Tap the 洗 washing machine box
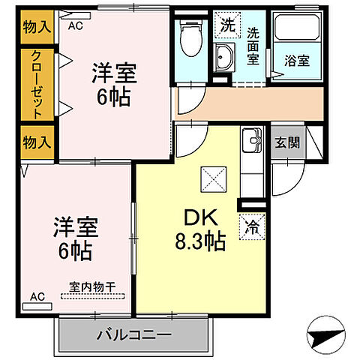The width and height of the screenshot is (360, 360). click(226, 25)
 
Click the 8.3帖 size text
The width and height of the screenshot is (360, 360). click(197, 241)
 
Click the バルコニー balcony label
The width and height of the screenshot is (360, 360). click(134, 334)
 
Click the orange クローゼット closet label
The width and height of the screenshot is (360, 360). click(35, 84)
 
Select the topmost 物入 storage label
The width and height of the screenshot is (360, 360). click(35, 27)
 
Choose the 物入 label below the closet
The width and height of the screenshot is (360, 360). click(35, 141)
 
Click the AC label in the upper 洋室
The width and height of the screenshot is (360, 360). click(76, 25)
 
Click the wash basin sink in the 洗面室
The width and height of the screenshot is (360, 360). click(223, 55)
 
